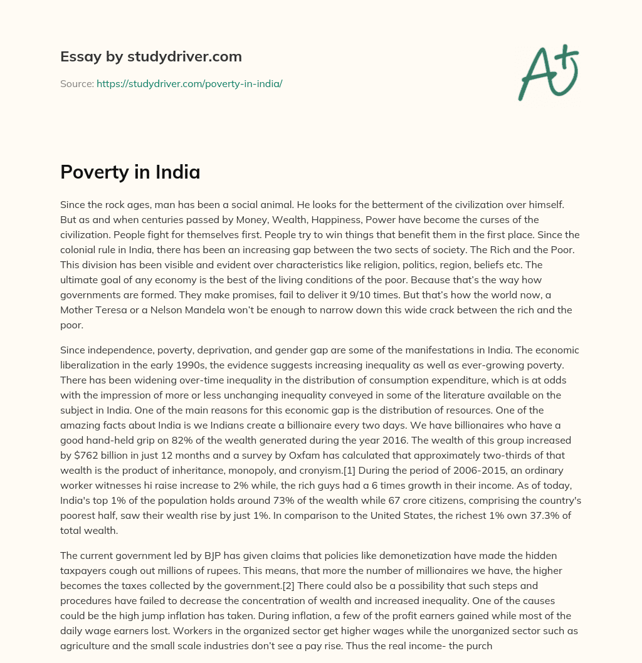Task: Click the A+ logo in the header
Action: (547, 72)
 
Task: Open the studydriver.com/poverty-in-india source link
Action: (189, 83)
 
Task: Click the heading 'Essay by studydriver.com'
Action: (151, 56)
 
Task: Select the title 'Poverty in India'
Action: (130, 172)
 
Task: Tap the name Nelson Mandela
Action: (181, 310)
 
